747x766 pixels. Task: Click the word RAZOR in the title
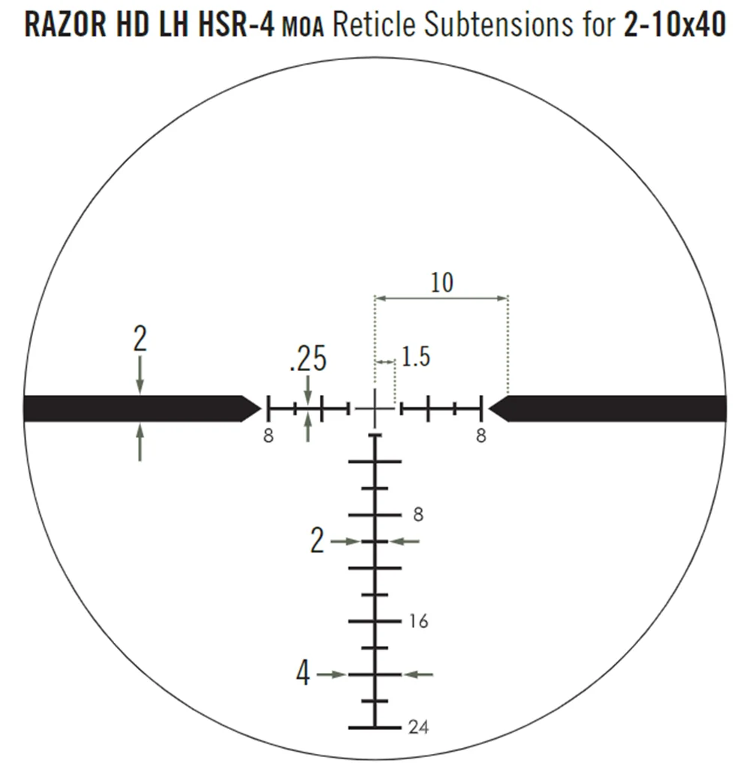click(65, 25)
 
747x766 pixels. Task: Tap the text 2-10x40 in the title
click(674, 25)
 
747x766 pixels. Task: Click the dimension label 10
click(441, 282)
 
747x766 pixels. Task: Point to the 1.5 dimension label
click(415, 357)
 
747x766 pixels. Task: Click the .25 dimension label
click(308, 359)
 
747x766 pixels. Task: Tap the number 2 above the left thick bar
click(140, 339)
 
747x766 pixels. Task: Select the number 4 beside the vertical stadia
click(303, 673)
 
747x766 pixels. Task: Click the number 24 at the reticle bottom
click(418, 728)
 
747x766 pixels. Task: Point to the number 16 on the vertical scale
click(418, 621)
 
